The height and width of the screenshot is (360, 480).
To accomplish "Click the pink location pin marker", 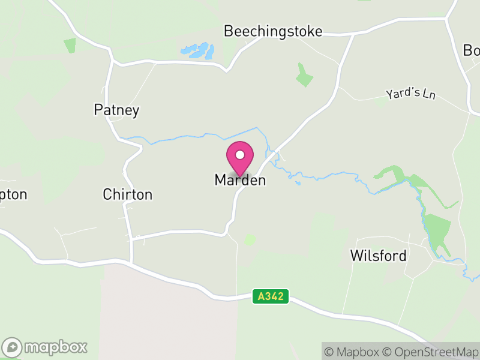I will pyautogui.click(x=240, y=158).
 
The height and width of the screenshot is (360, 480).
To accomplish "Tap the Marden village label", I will pyautogui.click(x=240, y=180).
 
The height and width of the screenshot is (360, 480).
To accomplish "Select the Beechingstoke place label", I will pyautogui.click(x=273, y=31).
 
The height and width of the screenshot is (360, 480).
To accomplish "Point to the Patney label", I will pyautogui.click(x=116, y=110).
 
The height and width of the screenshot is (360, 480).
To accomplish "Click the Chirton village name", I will pyautogui.click(x=127, y=194).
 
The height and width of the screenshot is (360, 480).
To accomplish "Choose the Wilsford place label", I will pyautogui.click(x=378, y=256).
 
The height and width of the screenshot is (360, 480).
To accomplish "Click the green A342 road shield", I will pyautogui.click(x=271, y=296).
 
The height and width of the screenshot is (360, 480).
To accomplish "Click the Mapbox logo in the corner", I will pyautogui.click(x=45, y=347).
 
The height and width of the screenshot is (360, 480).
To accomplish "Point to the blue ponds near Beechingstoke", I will pyautogui.click(x=198, y=51).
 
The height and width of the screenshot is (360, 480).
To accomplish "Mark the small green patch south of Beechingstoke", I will pyautogui.click(x=304, y=76).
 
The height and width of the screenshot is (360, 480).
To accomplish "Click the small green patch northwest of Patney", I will pyautogui.click(x=70, y=46).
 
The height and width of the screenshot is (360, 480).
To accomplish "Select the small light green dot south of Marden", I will pyautogui.click(x=250, y=239).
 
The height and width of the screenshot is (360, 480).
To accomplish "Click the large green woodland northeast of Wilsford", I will pyautogui.click(x=437, y=228).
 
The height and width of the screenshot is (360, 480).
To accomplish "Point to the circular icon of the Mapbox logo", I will pyautogui.click(x=12, y=347).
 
